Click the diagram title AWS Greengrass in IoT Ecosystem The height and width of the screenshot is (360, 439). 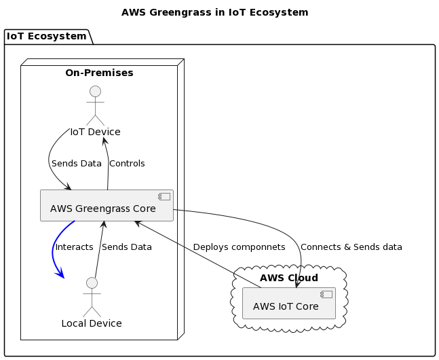point(214,12)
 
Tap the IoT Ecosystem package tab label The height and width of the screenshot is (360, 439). point(47,36)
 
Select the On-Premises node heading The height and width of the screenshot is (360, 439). point(99,73)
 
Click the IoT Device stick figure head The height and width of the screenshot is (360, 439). point(95,92)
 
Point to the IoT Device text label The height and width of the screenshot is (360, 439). point(95,132)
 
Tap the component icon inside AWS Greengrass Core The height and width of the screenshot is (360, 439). point(163,197)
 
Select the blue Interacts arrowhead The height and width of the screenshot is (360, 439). point(61,273)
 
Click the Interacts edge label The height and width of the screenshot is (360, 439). point(74,247)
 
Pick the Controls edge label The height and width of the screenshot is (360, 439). point(127,164)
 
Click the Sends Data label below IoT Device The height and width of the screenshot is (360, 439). point(77,164)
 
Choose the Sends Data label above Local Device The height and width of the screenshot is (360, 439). point(127,247)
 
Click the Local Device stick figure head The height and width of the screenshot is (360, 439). point(92,283)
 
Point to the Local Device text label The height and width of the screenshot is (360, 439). point(92,323)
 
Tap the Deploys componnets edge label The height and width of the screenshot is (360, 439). point(239,247)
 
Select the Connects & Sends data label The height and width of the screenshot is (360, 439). point(351,247)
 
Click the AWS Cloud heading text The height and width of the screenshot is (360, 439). point(289,278)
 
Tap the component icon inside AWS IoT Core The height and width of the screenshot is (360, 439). point(326,294)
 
